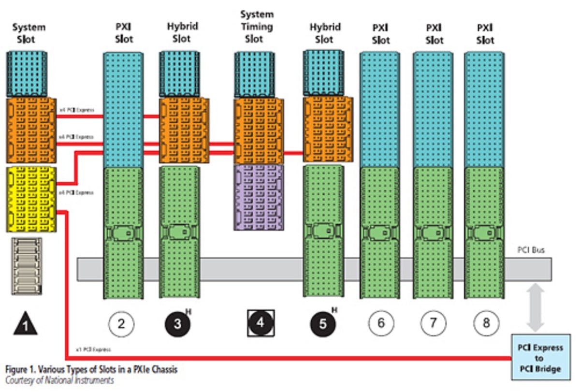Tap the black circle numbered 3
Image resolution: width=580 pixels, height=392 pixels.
click(x=177, y=323)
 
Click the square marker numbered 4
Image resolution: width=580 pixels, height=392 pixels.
click(x=261, y=323)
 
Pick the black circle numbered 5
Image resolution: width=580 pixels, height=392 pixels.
click(x=323, y=323)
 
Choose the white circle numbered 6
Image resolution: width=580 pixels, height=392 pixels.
click(x=381, y=322)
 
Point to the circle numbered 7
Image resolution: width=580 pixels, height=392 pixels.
click(x=434, y=322)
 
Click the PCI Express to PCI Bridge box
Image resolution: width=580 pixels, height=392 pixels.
click(x=540, y=358)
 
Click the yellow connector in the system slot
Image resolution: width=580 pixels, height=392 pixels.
click(x=31, y=199)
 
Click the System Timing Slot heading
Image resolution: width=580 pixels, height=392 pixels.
click(x=257, y=27)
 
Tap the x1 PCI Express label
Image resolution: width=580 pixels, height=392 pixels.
click(x=93, y=349)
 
